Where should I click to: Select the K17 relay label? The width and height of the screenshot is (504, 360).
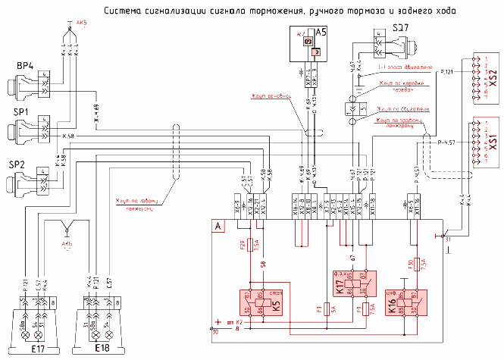[338, 288]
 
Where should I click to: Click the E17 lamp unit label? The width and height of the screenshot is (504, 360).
[31, 349]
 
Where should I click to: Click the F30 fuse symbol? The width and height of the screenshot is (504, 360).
[416, 263]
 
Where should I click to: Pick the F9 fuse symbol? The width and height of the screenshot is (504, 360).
[365, 308]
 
